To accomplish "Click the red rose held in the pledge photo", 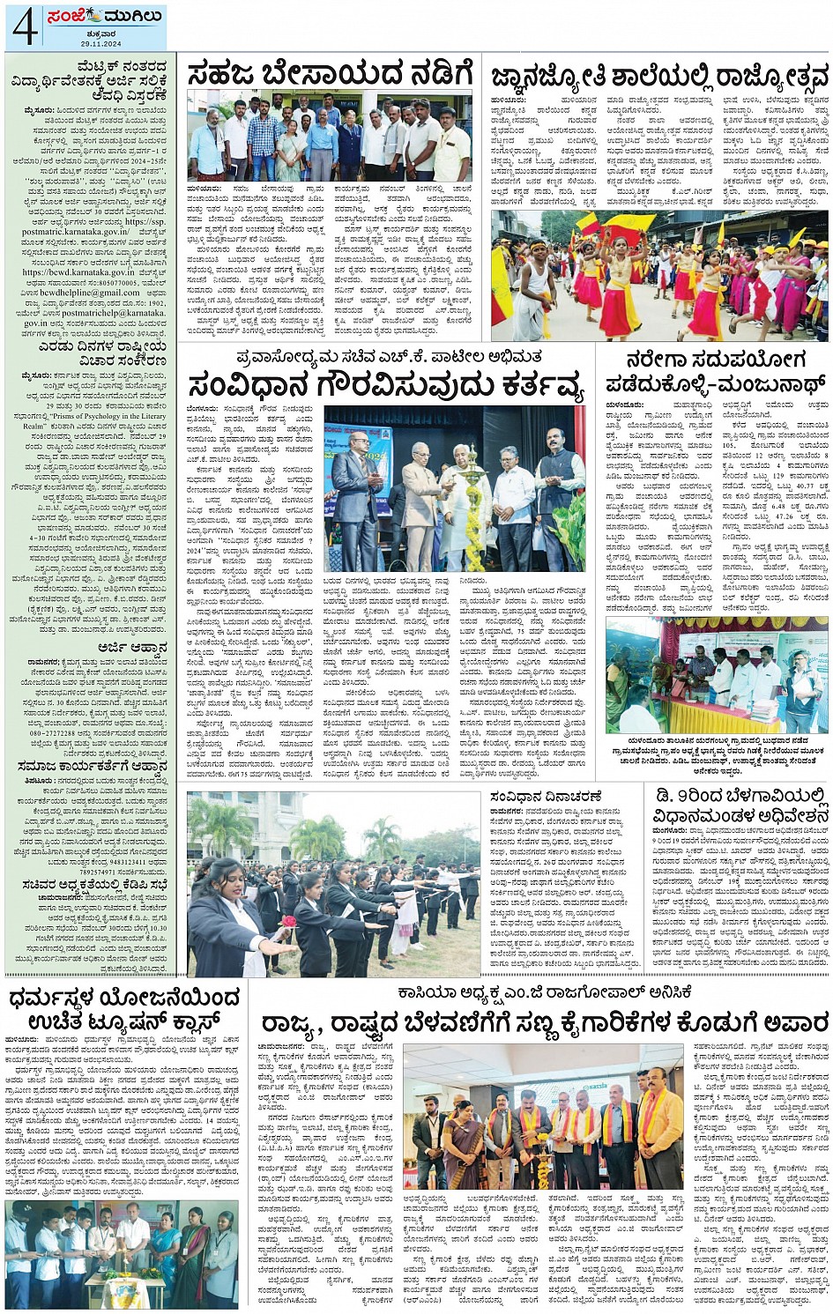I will (287, 921).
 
